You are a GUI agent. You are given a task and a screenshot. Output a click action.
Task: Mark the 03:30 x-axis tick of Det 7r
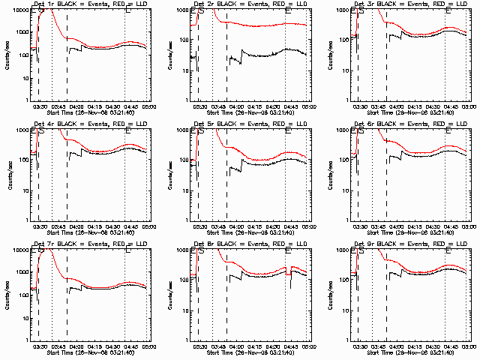tap(41, 345)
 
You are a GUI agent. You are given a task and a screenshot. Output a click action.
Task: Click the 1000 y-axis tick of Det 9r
tap(340, 250)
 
